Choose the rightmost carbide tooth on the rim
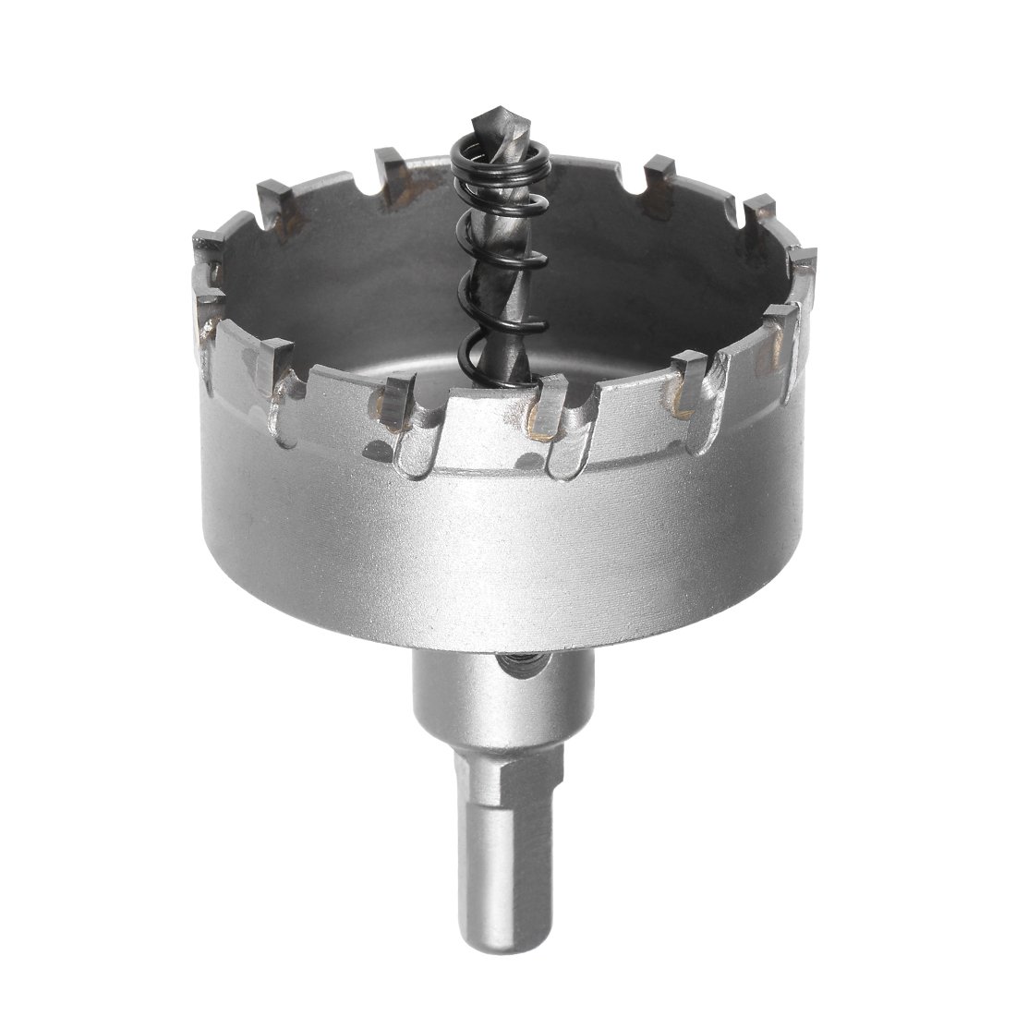805,262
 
